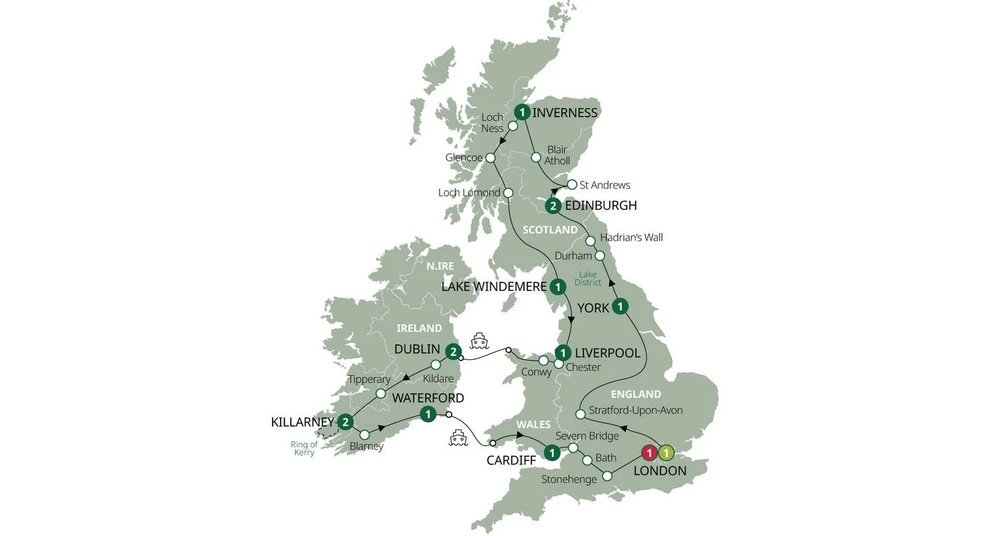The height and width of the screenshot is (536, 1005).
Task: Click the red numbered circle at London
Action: [649, 454]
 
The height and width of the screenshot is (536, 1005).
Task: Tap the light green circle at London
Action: [665, 454]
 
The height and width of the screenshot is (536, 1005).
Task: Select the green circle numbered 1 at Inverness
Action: [522, 113]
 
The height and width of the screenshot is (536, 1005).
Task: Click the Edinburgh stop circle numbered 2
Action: [553, 206]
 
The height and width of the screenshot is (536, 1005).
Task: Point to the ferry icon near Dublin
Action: [478, 341]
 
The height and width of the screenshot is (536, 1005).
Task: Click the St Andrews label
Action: [604, 185]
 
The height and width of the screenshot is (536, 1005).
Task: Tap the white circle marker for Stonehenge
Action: [607, 476]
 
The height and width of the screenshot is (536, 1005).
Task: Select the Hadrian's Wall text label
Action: [631, 237]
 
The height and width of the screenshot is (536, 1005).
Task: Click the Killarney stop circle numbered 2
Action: [345, 422]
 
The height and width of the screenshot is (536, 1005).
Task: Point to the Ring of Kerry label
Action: [304, 448]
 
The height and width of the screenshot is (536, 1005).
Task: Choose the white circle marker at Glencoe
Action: [490, 158]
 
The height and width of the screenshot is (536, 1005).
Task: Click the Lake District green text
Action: [588, 278]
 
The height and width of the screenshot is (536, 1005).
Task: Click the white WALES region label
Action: [533, 424]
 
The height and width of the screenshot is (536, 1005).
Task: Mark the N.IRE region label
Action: [440, 266]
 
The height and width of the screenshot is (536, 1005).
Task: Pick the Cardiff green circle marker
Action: [551, 453]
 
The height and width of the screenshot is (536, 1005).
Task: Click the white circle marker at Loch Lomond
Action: [508, 193]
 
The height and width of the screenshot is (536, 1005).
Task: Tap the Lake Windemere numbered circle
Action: [557, 287]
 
